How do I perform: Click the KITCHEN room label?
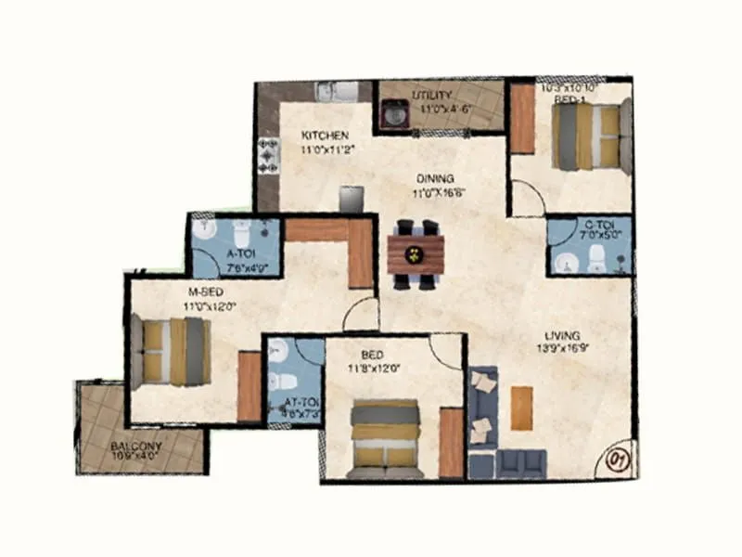pyautogui.click(x=324, y=136)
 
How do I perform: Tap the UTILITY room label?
pyautogui.click(x=432, y=96)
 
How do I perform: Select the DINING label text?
pyautogui.click(x=434, y=178)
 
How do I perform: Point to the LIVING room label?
pyautogui.click(x=563, y=335)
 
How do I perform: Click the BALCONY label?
pyautogui.click(x=136, y=447)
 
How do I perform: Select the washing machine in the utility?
pyautogui.click(x=394, y=114)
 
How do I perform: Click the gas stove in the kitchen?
pyautogui.click(x=268, y=155)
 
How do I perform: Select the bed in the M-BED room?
pyautogui.click(x=172, y=350)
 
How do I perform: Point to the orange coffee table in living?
pyautogui.click(x=522, y=407)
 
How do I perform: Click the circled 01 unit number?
pyautogui.click(x=618, y=459)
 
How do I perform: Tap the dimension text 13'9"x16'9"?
pyautogui.click(x=563, y=349)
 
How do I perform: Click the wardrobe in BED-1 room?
pyautogui.click(x=523, y=119)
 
